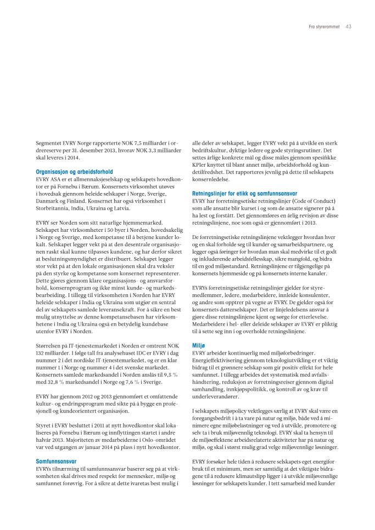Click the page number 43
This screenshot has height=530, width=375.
point(348,26)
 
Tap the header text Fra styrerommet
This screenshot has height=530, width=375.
point(324,26)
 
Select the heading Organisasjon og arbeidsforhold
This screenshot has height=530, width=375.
point(74,172)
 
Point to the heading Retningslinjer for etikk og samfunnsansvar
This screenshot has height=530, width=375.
point(244,193)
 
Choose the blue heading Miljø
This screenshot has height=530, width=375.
point(198,346)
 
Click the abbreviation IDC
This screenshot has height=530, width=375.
point(144,352)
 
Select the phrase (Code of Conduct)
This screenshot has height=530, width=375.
point(311,201)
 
